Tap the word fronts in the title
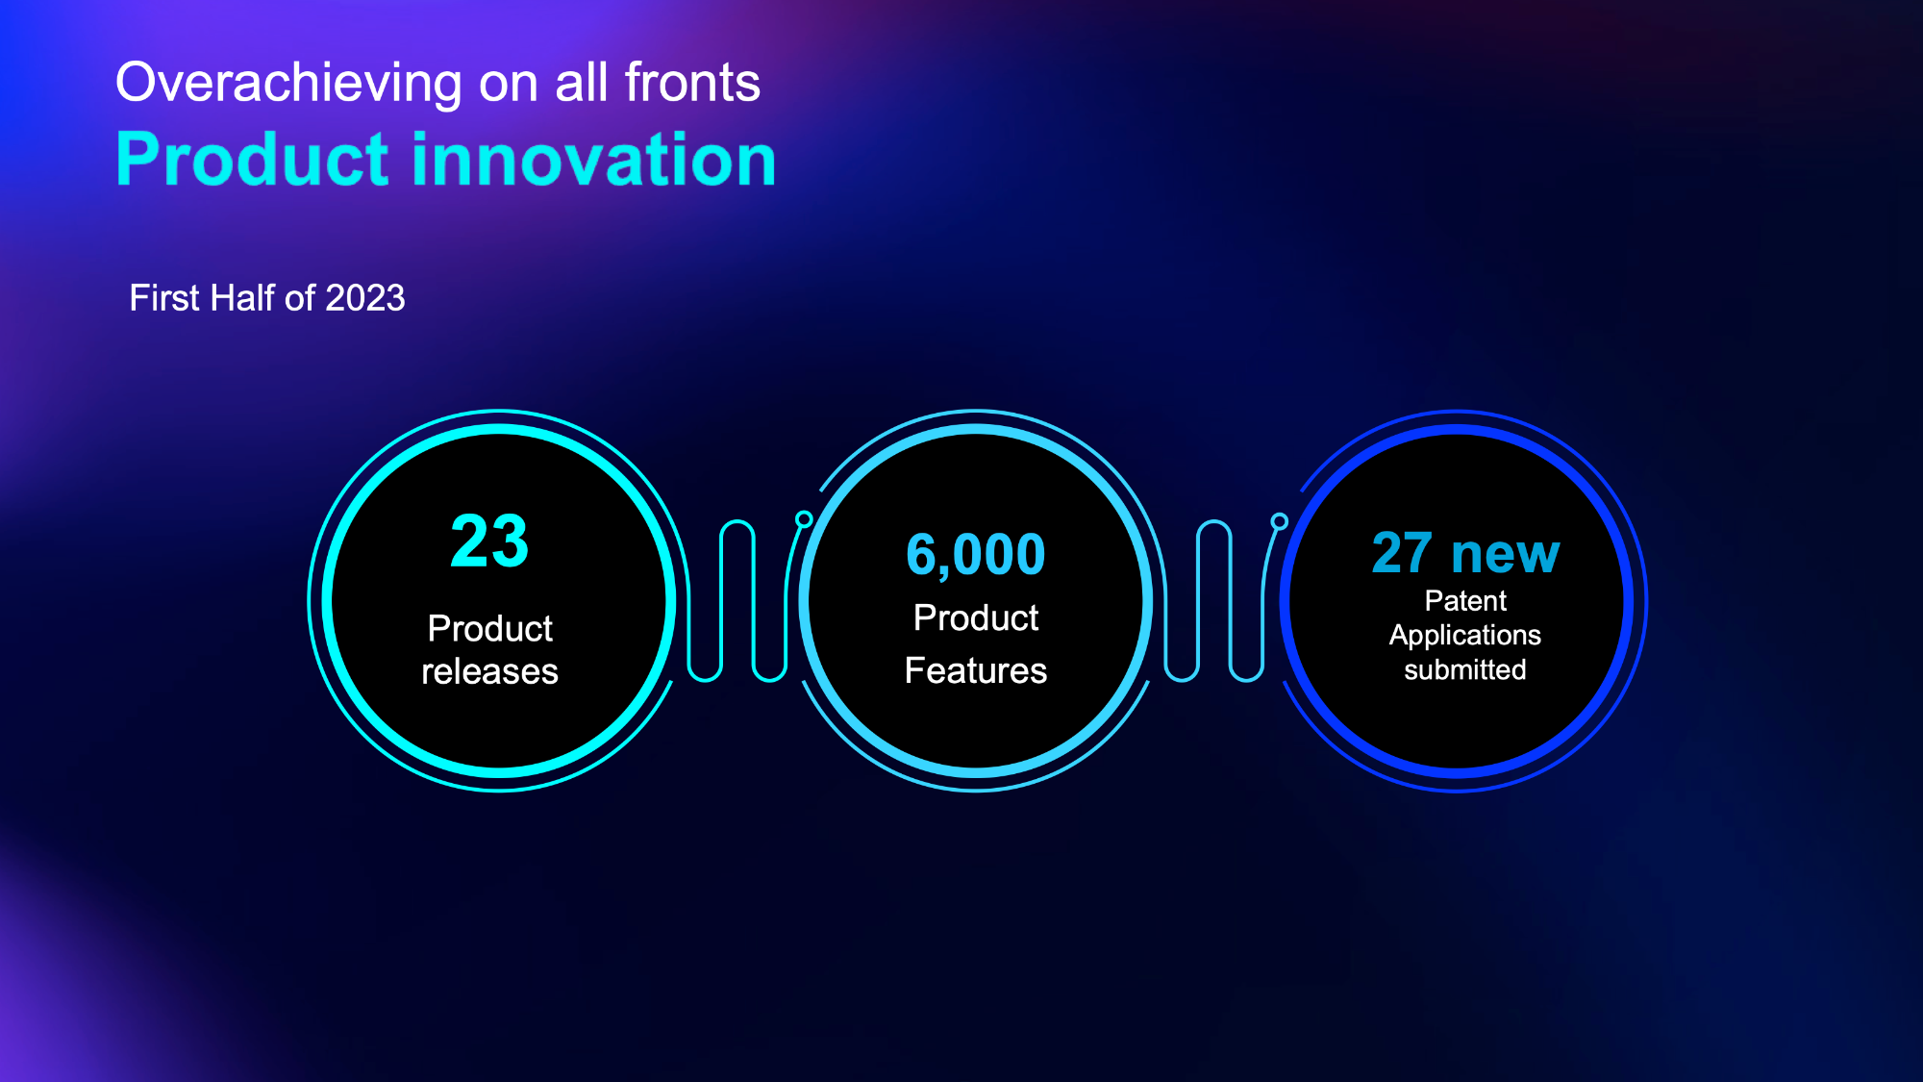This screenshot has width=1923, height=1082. tap(692, 82)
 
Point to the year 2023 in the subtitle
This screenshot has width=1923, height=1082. tap(365, 298)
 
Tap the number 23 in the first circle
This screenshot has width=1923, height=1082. tap(489, 541)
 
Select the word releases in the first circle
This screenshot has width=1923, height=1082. tap(489, 671)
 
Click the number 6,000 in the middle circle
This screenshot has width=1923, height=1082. tap(976, 555)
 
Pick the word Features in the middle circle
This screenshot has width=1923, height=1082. tap(976, 670)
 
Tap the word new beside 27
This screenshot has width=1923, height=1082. tap(1506, 556)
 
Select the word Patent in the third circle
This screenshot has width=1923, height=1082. tap(1465, 601)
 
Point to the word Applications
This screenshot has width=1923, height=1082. tap(1465, 636)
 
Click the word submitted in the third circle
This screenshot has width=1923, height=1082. tap(1465, 669)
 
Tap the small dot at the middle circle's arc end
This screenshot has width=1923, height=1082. tap(804, 519)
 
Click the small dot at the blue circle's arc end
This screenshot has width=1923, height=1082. tap(1280, 521)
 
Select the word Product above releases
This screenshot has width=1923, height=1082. tap(489, 629)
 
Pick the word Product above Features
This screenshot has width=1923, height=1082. tap(976, 617)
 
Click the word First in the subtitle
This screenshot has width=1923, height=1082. tap(164, 298)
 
